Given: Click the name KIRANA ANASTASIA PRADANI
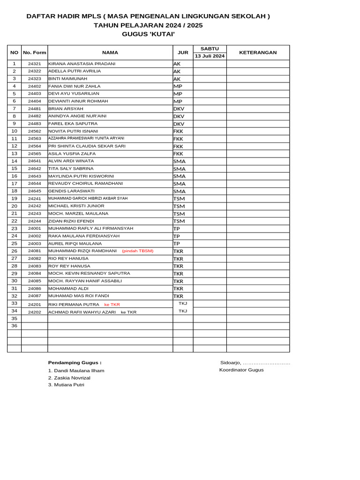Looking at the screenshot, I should [x=82, y=64].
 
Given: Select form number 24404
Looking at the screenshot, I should [x=34, y=101].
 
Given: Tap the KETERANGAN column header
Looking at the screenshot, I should [x=258, y=52].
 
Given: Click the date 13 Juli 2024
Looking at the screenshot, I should [x=210, y=56].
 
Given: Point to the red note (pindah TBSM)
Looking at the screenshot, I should [x=138, y=251].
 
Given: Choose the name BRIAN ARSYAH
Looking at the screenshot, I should [x=66, y=109].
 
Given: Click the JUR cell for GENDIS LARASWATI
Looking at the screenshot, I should [x=180, y=191].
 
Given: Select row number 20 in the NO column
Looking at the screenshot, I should [x=14, y=206].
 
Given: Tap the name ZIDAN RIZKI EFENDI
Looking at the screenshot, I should [x=71, y=221].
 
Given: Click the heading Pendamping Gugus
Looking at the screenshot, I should [x=75, y=362].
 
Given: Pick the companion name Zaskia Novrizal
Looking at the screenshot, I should [x=69, y=378].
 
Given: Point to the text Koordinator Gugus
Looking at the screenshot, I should [x=241, y=370].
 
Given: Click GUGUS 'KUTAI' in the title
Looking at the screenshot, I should [x=148, y=34].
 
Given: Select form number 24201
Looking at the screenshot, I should [x=34, y=305].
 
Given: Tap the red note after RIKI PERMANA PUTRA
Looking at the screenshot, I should [x=112, y=305].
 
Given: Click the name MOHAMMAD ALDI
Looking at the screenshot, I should [x=68, y=289].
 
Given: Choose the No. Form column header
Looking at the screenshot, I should [x=34, y=52].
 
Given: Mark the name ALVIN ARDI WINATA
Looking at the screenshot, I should [x=71, y=161].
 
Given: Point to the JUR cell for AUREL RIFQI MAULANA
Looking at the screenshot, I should [x=177, y=244].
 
